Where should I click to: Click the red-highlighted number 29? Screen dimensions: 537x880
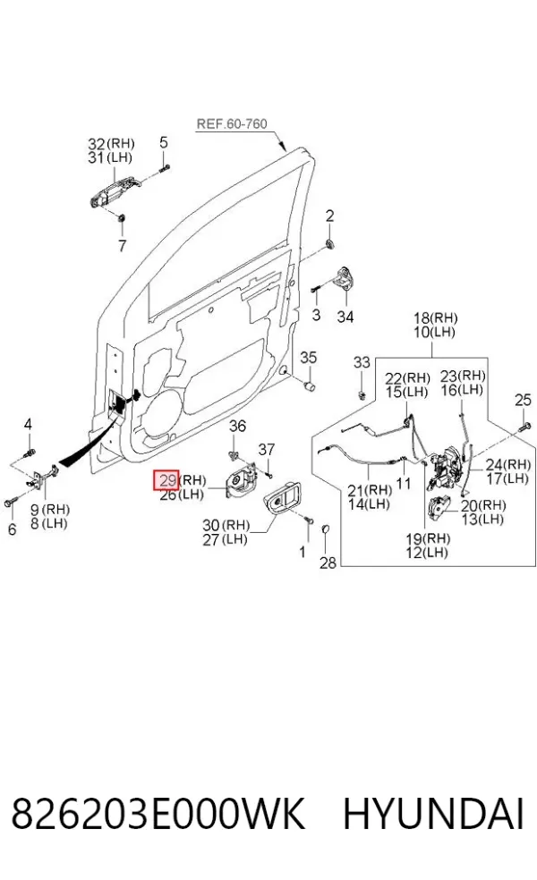click(167, 480)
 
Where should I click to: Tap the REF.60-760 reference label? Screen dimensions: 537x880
click(232, 123)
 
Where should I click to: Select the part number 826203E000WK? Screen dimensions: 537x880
click(158, 814)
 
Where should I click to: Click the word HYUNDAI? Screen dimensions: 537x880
click(433, 814)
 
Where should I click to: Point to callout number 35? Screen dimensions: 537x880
click(309, 358)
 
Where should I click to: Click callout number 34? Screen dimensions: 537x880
click(345, 317)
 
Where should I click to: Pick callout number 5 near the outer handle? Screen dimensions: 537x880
click(164, 142)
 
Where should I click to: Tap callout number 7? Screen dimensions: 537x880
click(122, 245)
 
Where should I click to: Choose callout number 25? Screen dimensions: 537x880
click(523, 400)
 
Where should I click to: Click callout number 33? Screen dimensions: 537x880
click(362, 362)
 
